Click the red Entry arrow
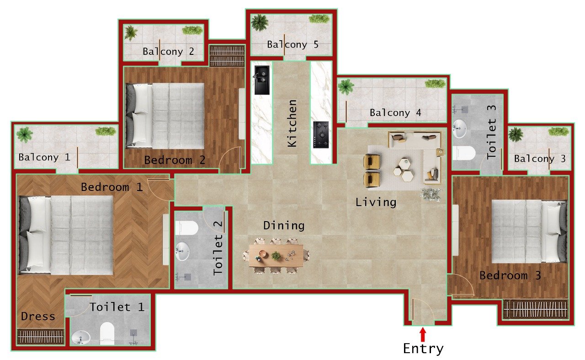click(423, 335)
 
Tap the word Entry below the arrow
click(423, 349)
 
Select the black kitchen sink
click(262, 80)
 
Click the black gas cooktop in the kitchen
click(320, 134)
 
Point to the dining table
click(276, 255)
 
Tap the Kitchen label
click(292, 123)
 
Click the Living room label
click(376, 201)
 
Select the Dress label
click(38, 316)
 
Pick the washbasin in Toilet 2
click(182, 251)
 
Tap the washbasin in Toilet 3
click(460, 128)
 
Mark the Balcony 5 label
click(292, 44)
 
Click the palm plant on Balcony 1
click(24, 135)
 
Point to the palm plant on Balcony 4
click(346, 86)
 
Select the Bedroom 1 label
click(112, 187)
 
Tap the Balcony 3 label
click(540, 159)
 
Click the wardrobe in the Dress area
click(40, 337)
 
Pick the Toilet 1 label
click(117, 307)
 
